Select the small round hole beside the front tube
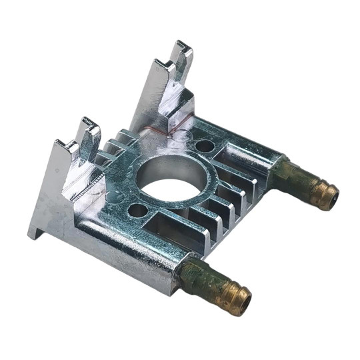[x=137, y=211]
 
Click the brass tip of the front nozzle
[x=237, y=296]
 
